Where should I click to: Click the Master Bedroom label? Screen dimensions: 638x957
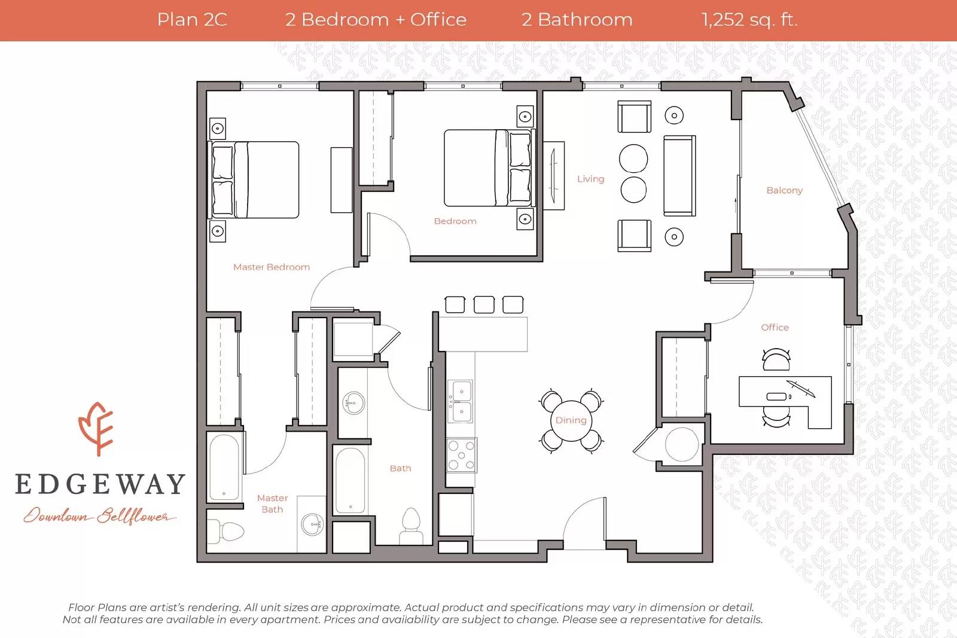(x=272, y=267)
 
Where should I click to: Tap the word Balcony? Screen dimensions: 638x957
(x=784, y=190)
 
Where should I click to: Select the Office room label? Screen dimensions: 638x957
(x=775, y=328)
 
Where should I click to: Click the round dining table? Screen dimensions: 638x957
(x=571, y=420)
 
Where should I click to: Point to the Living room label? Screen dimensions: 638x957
(x=590, y=179)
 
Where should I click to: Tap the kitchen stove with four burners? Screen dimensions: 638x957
(x=462, y=455)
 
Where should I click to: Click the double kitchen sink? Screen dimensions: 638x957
(x=461, y=401)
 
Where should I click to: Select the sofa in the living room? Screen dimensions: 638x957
(x=679, y=176)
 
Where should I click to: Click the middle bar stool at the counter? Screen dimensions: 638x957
(x=484, y=304)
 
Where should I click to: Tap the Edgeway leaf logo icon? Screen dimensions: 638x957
(x=96, y=429)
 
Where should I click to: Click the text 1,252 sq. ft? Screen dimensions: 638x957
(x=749, y=20)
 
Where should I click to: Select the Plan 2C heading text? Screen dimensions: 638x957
(x=192, y=20)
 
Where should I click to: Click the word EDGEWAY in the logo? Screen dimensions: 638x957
(x=100, y=484)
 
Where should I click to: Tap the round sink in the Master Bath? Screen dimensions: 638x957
(x=312, y=524)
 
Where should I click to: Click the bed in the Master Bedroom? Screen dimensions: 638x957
(x=255, y=179)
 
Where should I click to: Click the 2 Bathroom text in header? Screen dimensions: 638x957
(x=577, y=20)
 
